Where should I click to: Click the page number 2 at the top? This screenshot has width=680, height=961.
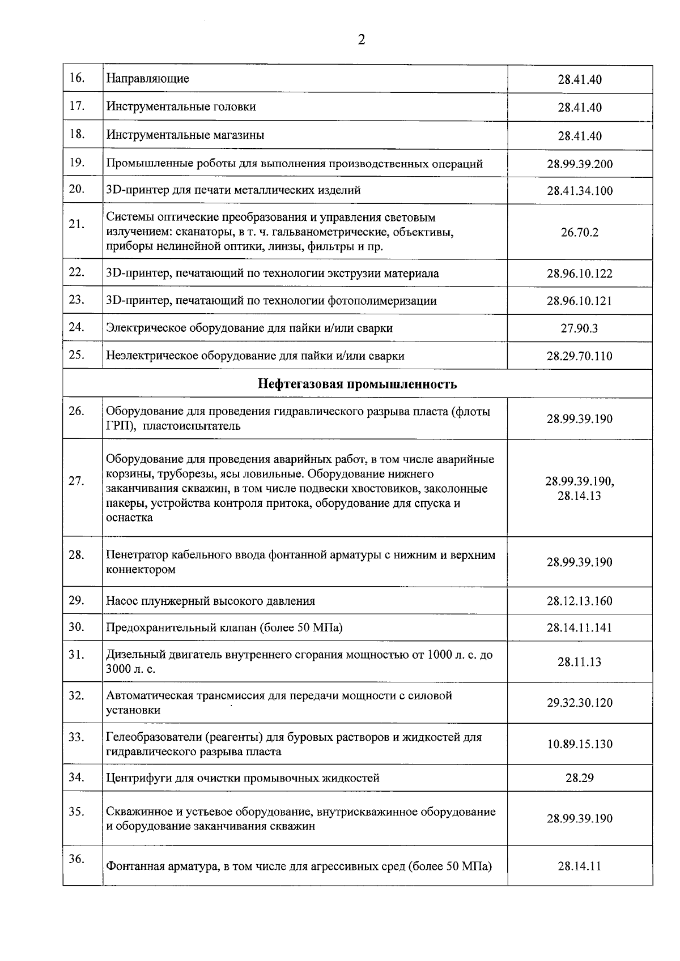[x=361, y=40]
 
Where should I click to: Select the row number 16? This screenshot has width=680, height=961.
[x=76, y=78]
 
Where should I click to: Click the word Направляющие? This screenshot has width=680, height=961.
[x=147, y=79]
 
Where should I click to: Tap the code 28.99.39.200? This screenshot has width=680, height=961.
[x=579, y=165]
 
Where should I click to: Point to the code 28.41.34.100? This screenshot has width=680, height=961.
[x=579, y=191]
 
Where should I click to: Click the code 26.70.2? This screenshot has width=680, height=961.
[x=579, y=232]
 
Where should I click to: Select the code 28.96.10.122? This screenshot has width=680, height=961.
[x=579, y=274]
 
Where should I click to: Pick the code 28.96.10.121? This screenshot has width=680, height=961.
[x=579, y=301]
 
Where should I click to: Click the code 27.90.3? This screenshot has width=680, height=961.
[x=579, y=328]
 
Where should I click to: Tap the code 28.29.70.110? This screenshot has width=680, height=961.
[x=579, y=356]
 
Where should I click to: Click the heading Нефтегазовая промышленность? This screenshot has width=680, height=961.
[x=357, y=385]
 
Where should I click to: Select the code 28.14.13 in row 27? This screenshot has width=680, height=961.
[x=579, y=496]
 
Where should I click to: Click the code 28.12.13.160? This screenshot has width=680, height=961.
[x=579, y=601]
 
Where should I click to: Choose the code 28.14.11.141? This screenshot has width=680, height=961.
[x=579, y=628]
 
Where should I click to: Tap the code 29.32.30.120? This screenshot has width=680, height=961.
[x=579, y=703]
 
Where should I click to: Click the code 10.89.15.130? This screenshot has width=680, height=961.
[x=579, y=745]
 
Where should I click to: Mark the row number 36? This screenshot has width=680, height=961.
[x=76, y=859]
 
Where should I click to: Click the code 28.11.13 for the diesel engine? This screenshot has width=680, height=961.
[x=579, y=662]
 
